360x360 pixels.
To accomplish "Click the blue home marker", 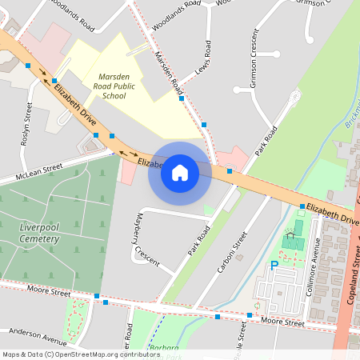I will [179, 173].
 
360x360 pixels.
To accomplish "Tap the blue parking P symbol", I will [274, 266].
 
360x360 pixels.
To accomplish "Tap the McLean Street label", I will [42, 169].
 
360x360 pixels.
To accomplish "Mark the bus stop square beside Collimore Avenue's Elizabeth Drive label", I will [302, 206].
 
